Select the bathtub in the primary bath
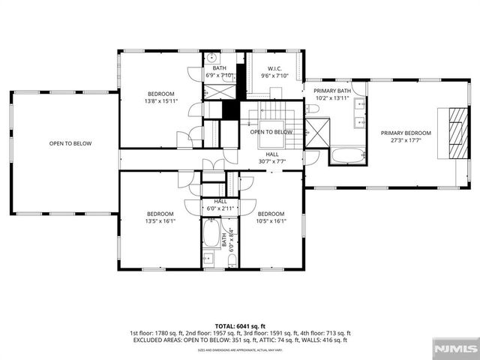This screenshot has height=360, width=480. click(x=346, y=157)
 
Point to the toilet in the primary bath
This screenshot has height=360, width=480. click(x=313, y=109)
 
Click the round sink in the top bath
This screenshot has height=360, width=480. click(x=212, y=58)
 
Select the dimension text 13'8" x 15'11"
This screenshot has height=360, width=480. click(x=160, y=101)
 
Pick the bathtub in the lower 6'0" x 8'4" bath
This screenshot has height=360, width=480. click(x=211, y=235)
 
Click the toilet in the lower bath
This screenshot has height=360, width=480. click(x=232, y=259)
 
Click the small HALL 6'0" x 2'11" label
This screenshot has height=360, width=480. click(x=220, y=205)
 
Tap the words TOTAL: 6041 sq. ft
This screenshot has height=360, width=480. click(x=239, y=325)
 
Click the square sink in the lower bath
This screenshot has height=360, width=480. click(x=208, y=259)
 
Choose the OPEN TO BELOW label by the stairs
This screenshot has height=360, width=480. click(x=271, y=132)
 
